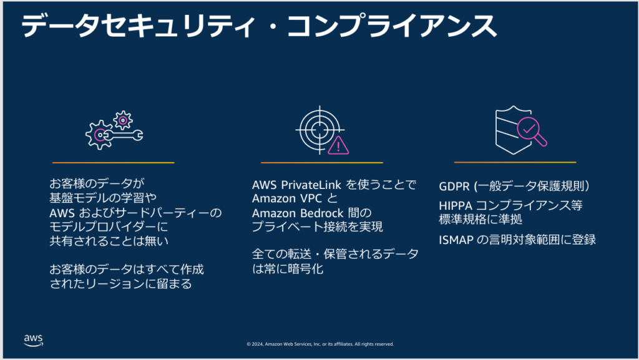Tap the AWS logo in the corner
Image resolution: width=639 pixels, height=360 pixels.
point(33,339)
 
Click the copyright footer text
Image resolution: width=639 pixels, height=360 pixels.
point(319,344)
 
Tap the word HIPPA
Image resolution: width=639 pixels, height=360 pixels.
point(457,206)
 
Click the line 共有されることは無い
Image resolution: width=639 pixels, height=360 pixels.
point(109,240)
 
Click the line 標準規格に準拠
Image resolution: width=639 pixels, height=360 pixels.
point(480,220)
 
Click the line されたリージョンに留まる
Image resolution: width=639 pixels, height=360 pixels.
point(120,284)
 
